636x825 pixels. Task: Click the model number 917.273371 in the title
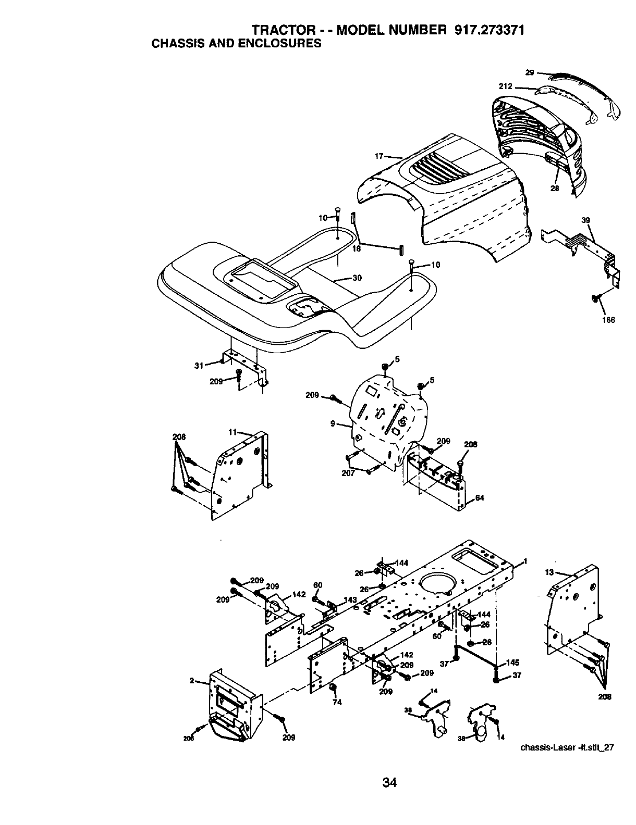coord(488,30)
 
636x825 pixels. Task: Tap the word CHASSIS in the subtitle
coord(175,44)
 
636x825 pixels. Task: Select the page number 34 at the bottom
coord(389,782)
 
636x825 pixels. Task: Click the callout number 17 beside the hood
coord(379,156)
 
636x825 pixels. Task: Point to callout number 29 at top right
coord(530,73)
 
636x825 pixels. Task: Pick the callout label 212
coord(505,86)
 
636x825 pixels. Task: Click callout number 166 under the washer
coord(608,320)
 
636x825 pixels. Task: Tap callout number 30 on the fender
coord(357,278)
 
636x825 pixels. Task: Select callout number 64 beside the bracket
coord(480,498)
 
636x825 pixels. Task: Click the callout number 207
coord(348,473)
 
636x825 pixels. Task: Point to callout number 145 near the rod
coord(512,662)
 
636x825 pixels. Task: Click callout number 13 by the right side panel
coord(549,572)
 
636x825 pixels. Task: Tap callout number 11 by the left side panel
coord(233,431)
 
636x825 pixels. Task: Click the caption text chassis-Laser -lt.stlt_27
coord(568,747)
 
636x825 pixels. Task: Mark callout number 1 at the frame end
coord(525,561)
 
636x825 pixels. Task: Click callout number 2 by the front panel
coord(192,681)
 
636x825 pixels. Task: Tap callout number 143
coord(350,600)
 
